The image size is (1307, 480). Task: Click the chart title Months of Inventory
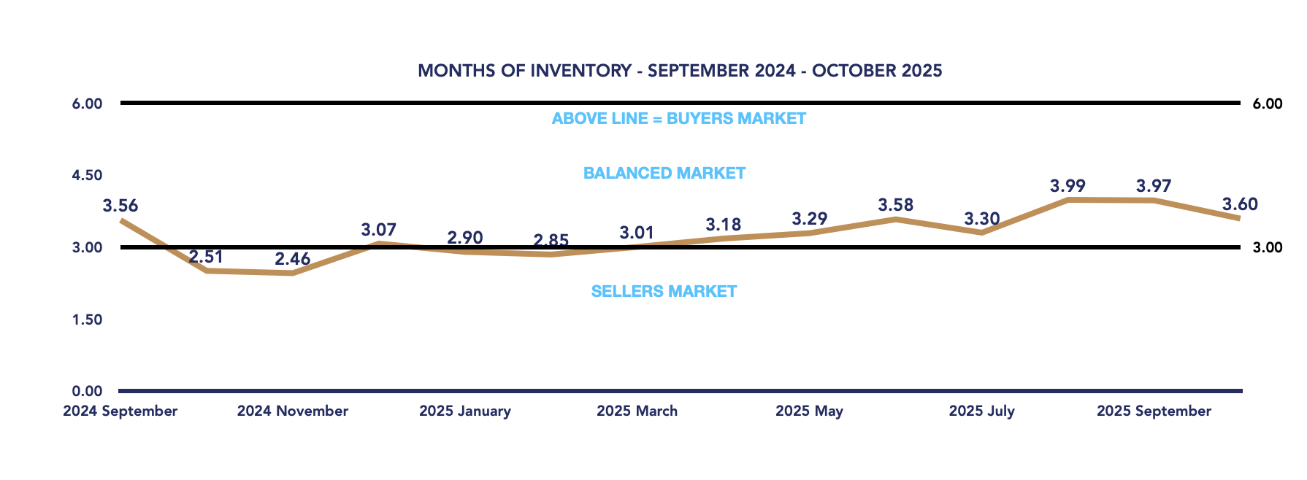[x=680, y=71]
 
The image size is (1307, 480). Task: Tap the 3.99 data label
[x=1068, y=186]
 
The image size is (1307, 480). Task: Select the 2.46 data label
[x=292, y=259]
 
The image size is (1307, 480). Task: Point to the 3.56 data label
[x=120, y=206]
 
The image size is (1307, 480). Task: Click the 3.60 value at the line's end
[x=1240, y=204]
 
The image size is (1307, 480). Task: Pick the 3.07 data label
[x=378, y=231]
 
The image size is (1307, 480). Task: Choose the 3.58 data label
[x=895, y=205]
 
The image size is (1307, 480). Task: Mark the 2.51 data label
[x=206, y=257]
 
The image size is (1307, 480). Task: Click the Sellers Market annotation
[x=664, y=292]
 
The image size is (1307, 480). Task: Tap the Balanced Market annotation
[x=664, y=174]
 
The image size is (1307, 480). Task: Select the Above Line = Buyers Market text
[x=679, y=119]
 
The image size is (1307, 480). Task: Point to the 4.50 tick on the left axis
[x=87, y=176]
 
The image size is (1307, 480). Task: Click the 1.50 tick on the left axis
[x=87, y=320]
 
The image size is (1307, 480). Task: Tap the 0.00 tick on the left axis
[x=87, y=392]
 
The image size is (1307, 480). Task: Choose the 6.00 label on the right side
[x=1268, y=104]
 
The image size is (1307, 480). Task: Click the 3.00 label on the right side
[x=1268, y=247]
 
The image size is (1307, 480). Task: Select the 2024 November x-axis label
[x=293, y=411]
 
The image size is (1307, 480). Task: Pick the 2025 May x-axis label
[x=809, y=411]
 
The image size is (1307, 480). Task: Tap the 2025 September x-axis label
[x=1154, y=411]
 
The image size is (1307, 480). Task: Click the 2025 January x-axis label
[x=465, y=411]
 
